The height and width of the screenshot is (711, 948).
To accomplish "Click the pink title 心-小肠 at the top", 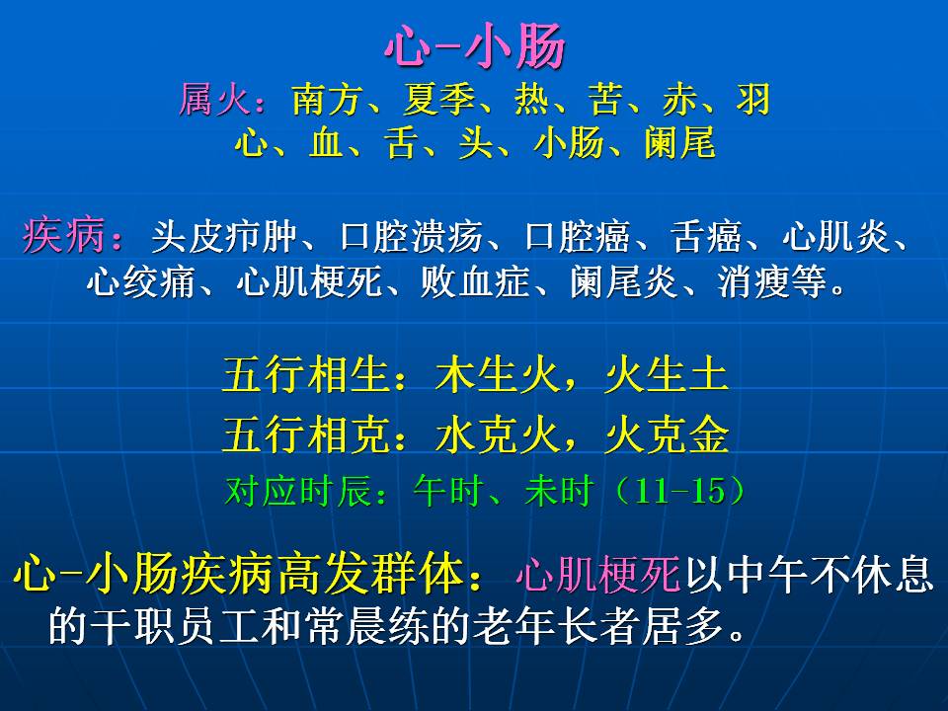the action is pos(475,46).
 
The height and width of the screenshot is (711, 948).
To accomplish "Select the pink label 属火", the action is pos(214,99).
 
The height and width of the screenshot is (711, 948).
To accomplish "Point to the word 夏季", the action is pos(438,99).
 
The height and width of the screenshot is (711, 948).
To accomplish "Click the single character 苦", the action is pos(605,99).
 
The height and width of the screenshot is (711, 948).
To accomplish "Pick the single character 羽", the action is pos(753,99).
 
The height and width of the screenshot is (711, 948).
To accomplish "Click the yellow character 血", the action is pos(327,143).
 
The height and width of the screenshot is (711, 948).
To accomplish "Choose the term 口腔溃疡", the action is pos(411,236).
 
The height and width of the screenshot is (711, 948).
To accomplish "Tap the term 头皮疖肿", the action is pos(224,236).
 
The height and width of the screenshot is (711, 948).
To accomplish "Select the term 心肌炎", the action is pos(836,236).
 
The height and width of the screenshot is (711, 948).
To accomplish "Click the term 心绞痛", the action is pos(140,281).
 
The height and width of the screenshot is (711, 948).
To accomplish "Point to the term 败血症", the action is pos(475,281).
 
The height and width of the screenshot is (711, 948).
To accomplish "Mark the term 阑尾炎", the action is pos(624,281).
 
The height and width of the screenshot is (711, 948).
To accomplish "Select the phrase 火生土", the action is pos(667,375).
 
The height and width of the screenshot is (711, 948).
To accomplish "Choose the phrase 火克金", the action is pos(667,434).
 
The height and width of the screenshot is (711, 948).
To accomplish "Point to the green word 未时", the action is pos(557,491).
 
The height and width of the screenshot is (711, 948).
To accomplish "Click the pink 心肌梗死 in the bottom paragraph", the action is pos(598,574).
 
